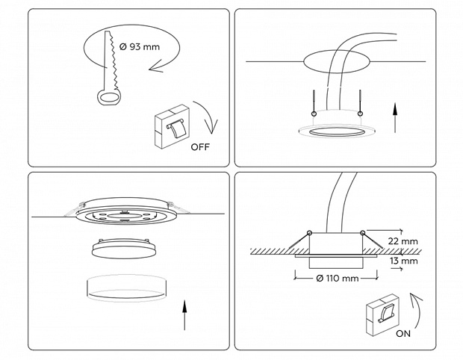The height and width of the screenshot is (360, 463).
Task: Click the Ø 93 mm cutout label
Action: pos(140,46)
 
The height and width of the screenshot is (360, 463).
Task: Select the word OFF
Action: pos(200,146)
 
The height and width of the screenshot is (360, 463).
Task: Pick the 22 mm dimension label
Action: pos(403,241)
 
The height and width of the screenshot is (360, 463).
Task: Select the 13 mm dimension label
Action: pos(403,261)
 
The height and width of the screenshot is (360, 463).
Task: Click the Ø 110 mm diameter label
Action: pos(338,279)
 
